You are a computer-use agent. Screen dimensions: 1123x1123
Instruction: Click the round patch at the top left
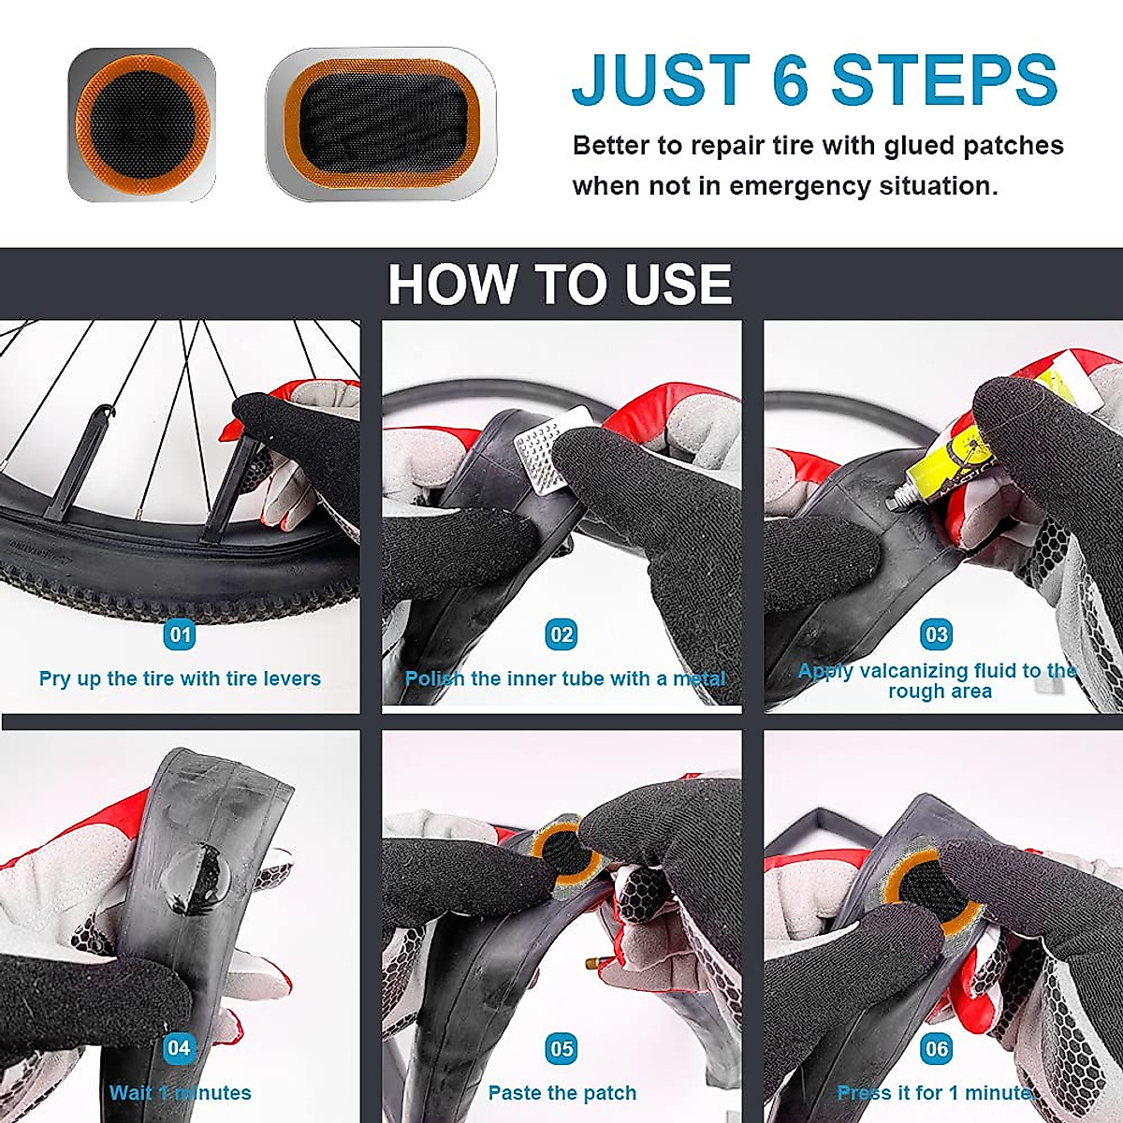click(x=141, y=124)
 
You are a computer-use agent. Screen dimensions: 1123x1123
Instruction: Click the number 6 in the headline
click(x=791, y=80)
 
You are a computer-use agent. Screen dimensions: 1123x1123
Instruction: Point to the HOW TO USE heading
click(x=560, y=284)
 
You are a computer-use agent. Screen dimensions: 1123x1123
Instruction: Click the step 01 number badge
click(x=179, y=635)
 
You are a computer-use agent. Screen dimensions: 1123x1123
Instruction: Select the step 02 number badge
click(x=561, y=635)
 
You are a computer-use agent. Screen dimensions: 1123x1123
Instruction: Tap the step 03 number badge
click(x=937, y=634)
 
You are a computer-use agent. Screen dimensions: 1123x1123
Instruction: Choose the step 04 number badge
click(x=179, y=1048)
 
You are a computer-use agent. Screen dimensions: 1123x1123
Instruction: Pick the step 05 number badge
click(x=561, y=1048)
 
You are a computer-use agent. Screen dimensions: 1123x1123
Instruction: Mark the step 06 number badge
click(x=937, y=1048)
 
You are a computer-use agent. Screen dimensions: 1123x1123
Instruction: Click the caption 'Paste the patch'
click(x=561, y=1093)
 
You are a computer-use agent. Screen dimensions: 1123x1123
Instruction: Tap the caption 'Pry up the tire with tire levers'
click(x=180, y=678)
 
